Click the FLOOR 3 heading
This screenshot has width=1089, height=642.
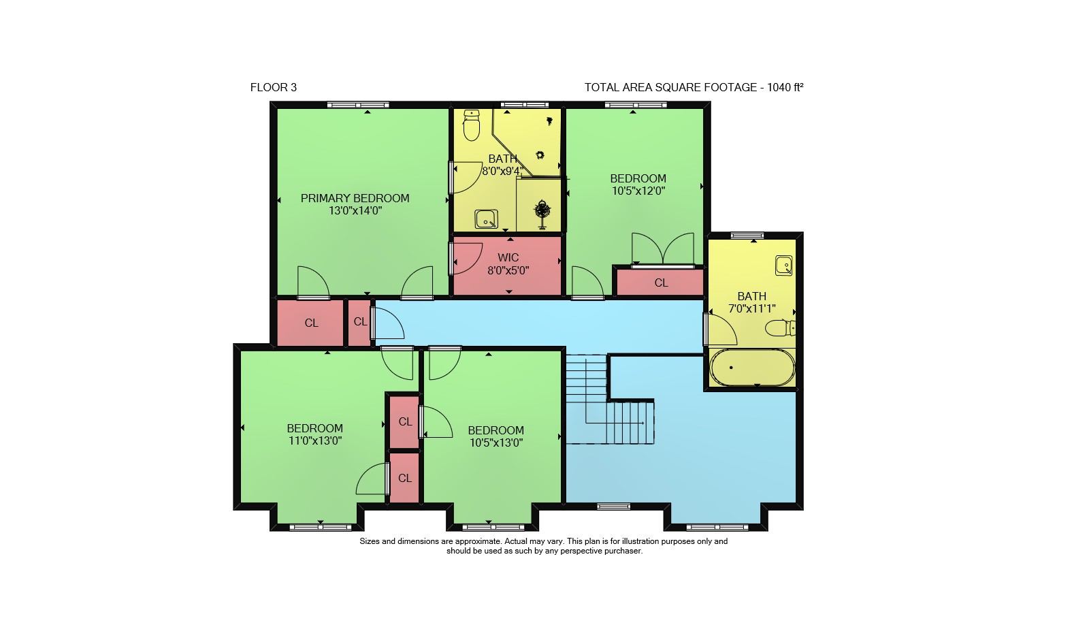point(273,88)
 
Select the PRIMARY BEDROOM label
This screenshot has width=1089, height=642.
point(355,198)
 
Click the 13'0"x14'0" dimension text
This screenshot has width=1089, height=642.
point(355,210)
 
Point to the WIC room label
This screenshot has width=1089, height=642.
point(508,258)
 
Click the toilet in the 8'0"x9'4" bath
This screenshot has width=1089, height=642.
point(472,125)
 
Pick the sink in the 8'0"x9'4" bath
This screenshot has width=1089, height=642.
point(486,219)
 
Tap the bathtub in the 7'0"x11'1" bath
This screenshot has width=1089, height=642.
point(752,368)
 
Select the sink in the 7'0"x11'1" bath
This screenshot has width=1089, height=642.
point(783,266)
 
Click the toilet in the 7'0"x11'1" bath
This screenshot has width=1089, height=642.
point(780,328)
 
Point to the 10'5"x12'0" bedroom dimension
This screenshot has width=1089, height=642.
point(638,191)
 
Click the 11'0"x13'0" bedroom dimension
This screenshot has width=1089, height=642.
point(315,440)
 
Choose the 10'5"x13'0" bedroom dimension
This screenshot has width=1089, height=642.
point(496,443)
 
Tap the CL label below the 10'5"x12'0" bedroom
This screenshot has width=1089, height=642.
point(661,283)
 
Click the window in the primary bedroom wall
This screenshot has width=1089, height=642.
point(358,105)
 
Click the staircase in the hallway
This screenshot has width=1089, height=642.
point(610,400)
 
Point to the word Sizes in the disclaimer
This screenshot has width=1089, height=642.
point(370,541)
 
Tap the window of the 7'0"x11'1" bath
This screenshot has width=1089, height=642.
point(747,236)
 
